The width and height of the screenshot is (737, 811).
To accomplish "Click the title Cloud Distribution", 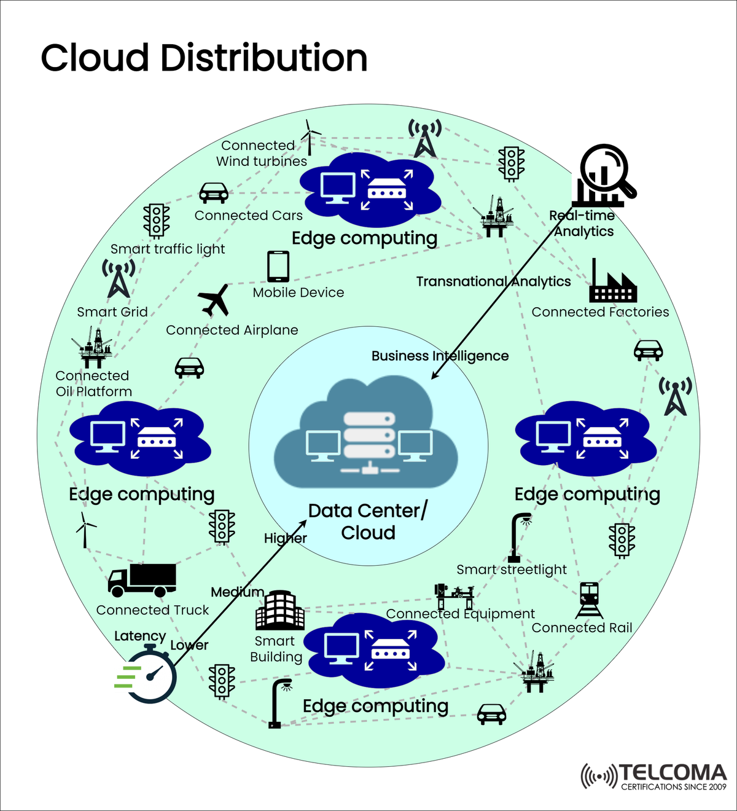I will pos(204,58).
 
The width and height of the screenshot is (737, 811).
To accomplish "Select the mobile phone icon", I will pos(278,267).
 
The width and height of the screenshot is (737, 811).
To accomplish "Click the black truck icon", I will pos(142,580).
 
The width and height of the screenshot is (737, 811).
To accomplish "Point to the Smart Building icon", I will pos(279,611).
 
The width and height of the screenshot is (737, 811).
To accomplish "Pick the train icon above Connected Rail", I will pos(589,600).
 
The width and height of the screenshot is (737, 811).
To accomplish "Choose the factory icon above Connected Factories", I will pos(612,283).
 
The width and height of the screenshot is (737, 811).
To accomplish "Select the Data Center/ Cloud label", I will pos(368,522).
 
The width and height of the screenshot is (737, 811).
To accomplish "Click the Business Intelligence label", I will pos(440,356).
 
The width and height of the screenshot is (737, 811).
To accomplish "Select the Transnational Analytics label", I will pos(493,281).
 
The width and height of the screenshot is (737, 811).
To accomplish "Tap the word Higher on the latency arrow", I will pos(285,538).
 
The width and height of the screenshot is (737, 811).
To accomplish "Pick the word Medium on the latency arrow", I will pos(237,592).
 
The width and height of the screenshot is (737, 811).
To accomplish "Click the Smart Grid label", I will pos(112,312).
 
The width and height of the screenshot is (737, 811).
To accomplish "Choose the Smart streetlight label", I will pos(512,570).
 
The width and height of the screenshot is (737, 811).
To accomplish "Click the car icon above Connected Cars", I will pos(214,193).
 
